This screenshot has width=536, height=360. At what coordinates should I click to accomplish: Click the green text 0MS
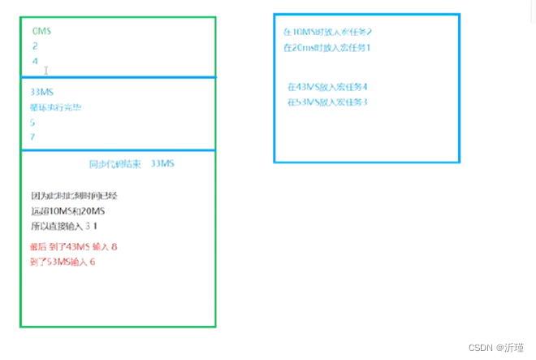(41, 31)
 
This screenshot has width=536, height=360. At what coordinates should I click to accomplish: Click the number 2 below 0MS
(35, 46)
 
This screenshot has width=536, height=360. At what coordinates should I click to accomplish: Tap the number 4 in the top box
(35, 61)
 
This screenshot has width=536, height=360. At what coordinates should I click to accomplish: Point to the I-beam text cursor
(47, 71)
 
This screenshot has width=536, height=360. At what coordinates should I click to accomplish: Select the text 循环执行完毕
(55, 107)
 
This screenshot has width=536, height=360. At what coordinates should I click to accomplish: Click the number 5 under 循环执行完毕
(32, 122)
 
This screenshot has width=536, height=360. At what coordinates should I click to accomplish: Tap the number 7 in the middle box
(32, 137)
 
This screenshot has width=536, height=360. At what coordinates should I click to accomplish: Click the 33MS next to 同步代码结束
(162, 164)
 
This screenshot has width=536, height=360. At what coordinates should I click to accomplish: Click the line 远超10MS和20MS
(68, 210)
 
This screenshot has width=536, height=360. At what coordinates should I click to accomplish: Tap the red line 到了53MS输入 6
(65, 261)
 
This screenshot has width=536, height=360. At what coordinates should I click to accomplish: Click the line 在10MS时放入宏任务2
(327, 32)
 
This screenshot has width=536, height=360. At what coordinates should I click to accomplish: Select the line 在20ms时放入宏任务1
(327, 47)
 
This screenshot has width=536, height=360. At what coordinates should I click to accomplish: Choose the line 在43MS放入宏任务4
(328, 86)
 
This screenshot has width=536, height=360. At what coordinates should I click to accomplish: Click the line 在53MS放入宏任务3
(328, 102)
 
